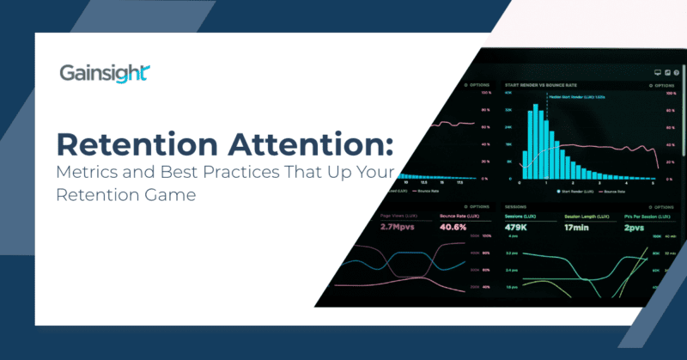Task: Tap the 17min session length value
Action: pyautogui.click(x=580, y=228)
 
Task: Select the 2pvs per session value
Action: pyautogui.click(x=635, y=228)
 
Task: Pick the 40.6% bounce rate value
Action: pyautogui.click(x=453, y=228)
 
